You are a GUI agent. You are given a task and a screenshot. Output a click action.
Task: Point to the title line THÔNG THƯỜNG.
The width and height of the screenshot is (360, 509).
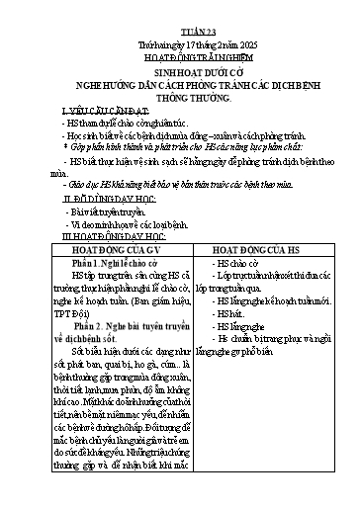pos(179,98)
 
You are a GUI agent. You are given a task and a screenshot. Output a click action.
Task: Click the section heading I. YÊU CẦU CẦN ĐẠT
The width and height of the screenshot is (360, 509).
pos(99,108)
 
